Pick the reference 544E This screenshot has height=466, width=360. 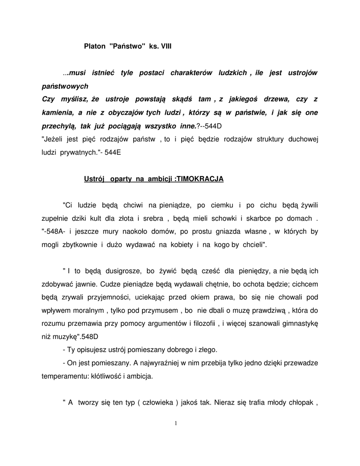click(113, 152)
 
